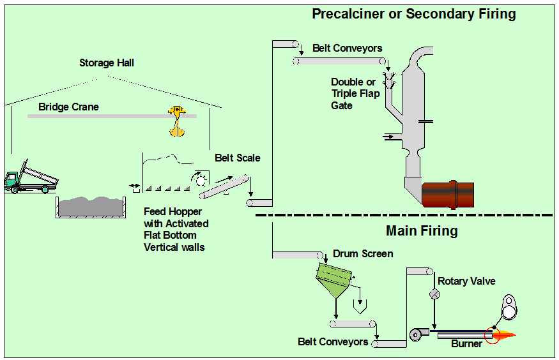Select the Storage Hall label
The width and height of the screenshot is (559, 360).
point(107,63)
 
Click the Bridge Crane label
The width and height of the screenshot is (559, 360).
point(68,107)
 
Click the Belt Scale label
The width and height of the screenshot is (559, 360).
point(238,158)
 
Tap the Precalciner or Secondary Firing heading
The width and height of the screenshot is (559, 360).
point(413,14)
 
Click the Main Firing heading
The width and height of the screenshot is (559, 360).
point(422,230)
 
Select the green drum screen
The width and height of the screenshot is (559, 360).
point(335,276)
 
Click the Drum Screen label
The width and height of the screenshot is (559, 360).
point(363,253)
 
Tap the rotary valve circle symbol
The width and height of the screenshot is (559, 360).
point(434,294)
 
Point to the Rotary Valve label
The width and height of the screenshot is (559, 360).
point(466,281)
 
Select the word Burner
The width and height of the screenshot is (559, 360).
point(467,345)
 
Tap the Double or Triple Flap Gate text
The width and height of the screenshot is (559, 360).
point(355,93)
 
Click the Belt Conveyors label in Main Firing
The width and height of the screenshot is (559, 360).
point(333,341)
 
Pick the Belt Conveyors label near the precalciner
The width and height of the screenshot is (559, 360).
point(348,48)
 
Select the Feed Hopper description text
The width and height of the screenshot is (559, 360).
point(176,229)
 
